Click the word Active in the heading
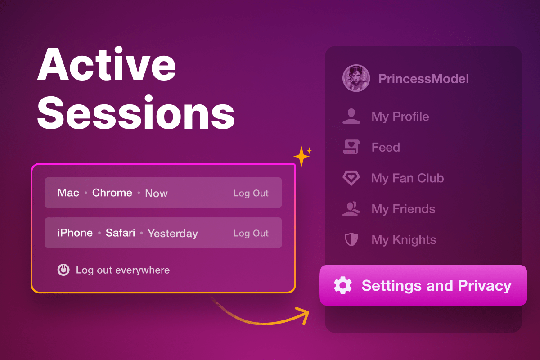[107, 64]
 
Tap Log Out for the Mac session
[251, 193]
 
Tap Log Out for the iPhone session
[251, 233]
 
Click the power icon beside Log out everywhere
[63, 270]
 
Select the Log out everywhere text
[123, 270]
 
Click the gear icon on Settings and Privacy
[342, 285]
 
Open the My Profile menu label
[400, 117]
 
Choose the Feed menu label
[386, 147]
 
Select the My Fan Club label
[408, 178]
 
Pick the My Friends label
[403, 209]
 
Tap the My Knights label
[404, 240]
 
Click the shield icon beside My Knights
[351, 239]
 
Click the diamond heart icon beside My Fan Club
[351, 178]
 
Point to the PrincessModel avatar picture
[356, 78]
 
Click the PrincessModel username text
[423, 79]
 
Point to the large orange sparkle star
[301, 157]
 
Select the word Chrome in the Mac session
[112, 193]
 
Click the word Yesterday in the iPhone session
[173, 234]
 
